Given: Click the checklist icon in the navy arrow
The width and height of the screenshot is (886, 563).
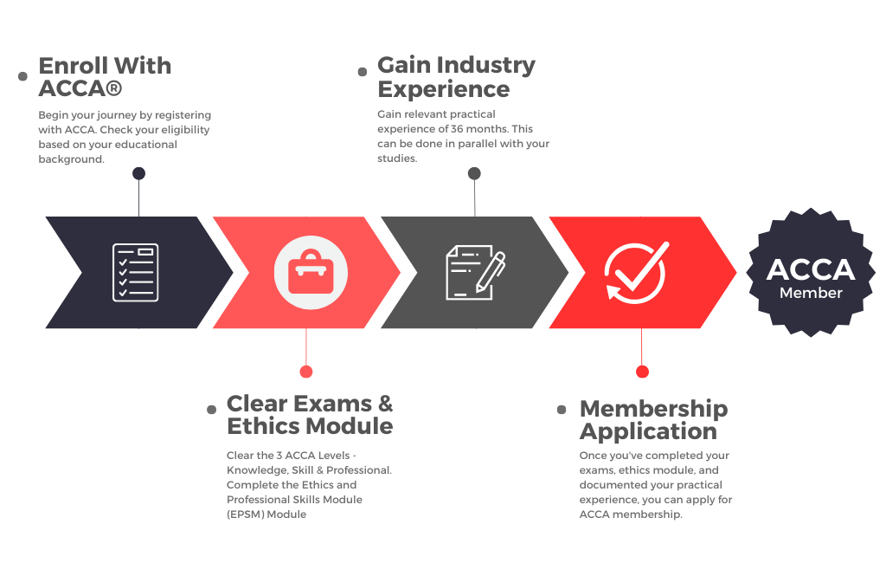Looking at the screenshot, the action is click(136, 272).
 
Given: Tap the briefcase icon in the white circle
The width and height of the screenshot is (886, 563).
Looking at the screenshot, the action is click(311, 272).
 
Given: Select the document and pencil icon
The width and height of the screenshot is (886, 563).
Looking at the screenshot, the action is click(476, 272).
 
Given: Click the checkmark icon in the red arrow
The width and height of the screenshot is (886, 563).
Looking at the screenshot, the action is click(637, 273).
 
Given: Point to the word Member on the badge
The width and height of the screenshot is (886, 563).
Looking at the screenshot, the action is click(811, 293).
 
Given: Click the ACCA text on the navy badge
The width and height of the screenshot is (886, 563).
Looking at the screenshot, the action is click(811, 270).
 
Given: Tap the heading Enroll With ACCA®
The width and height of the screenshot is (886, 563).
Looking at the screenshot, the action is click(105, 77).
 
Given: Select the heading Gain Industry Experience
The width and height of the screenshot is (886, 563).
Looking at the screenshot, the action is click(457, 77).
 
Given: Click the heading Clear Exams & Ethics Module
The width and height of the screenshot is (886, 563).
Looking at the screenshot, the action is click(310, 415).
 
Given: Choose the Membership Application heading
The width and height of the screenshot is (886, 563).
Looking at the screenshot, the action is click(654, 420).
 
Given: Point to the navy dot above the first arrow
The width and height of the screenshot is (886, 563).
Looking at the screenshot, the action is click(138, 173).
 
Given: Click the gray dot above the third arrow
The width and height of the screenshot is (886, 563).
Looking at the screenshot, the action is click(475, 173).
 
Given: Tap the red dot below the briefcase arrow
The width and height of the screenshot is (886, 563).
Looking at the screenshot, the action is click(306, 372).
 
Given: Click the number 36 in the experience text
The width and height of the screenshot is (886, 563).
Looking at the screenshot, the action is click(457, 129).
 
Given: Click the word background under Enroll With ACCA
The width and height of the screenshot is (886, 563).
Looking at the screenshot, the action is click(71, 159).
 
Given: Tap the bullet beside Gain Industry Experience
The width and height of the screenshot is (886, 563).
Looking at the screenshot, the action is click(363, 72).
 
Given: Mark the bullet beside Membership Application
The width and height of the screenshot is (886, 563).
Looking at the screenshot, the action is click(562, 410).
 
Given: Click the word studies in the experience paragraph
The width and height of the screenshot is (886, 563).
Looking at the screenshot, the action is click(397, 159).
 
